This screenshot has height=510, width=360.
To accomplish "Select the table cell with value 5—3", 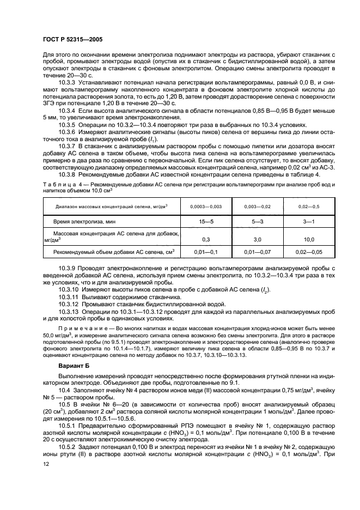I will pos(257,223).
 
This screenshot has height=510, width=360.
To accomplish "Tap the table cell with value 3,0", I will pos(257,239).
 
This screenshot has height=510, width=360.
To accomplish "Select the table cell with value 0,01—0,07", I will pos(257,253).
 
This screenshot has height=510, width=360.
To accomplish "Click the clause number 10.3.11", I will pos(69,298).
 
